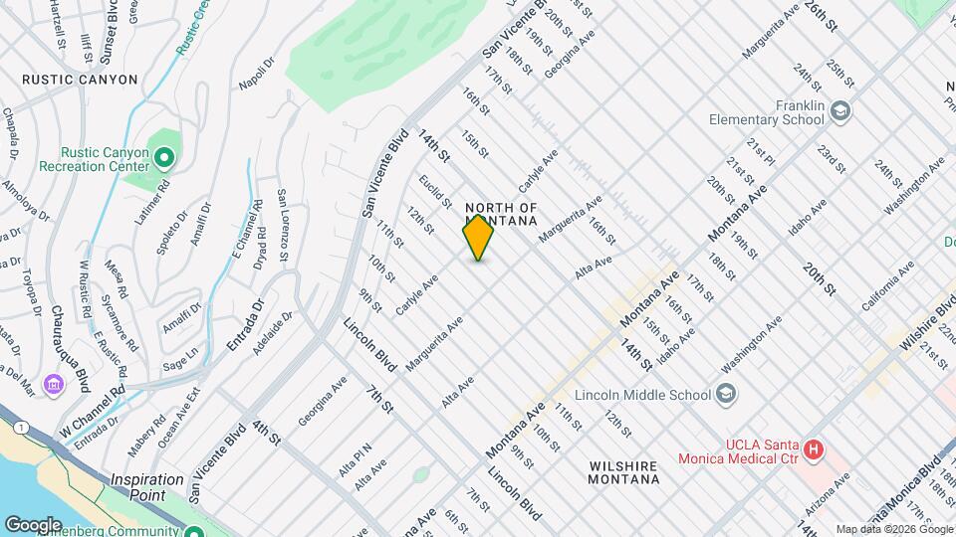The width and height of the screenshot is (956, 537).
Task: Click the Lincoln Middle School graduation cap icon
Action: coord(726,394)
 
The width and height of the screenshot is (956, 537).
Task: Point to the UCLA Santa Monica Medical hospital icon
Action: coord(814,450)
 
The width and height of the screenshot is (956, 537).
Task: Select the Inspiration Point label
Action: coord(146,486)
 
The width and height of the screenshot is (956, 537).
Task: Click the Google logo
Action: coord(33,524)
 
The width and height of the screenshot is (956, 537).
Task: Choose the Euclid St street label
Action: coord(436,189)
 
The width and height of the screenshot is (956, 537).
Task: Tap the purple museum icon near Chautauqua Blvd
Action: coord(54,384)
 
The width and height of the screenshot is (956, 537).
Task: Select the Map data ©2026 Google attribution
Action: coord(893,529)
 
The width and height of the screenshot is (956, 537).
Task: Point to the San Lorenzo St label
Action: coord(283,225)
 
